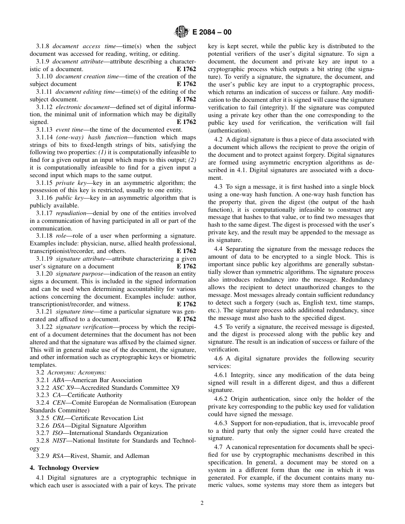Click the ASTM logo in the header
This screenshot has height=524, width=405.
pyautogui.click(x=182, y=32)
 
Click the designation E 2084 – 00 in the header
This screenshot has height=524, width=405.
pyautogui.click(x=212, y=32)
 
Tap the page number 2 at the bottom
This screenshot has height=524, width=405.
pyautogui.click(x=202, y=503)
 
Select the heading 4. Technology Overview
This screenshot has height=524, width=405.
pyautogui.click(x=64, y=468)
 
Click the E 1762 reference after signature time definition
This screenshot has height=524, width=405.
pyautogui.click(x=186, y=319)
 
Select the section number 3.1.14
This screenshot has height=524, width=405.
pyautogui.click(x=44, y=137)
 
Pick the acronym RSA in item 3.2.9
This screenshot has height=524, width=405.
pyautogui.click(x=58, y=456)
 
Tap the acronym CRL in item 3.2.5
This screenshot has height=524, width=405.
pyautogui.click(x=58, y=418)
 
